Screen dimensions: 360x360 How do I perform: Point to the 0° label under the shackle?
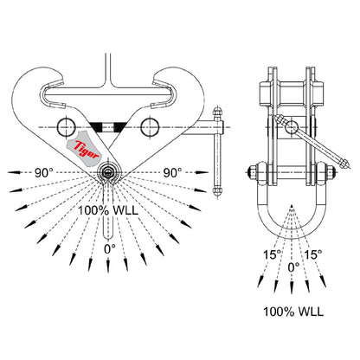293,268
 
